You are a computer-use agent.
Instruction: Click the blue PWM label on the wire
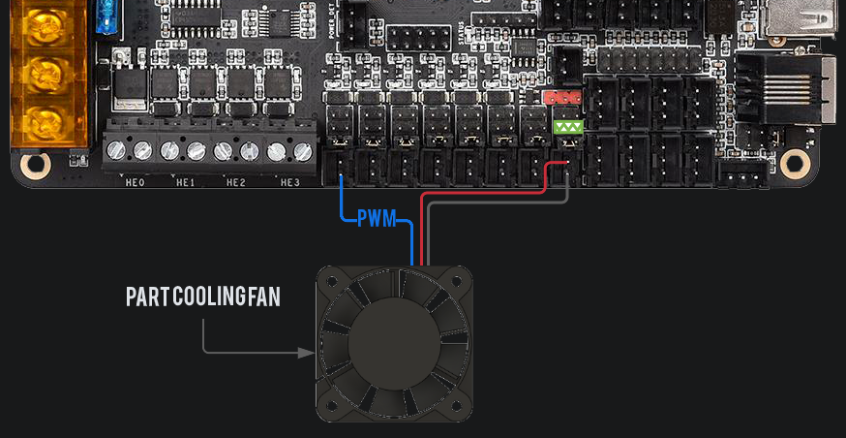tap(377, 218)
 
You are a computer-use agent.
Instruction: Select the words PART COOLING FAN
tap(203, 297)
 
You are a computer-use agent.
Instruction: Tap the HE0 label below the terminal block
tap(135, 182)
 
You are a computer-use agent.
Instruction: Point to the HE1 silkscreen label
tap(185, 182)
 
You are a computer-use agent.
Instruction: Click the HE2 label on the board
tap(236, 182)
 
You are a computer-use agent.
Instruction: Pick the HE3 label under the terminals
tap(289, 182)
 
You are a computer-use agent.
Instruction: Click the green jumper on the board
tap(567, 127)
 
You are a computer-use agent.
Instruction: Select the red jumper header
tap(560, 98)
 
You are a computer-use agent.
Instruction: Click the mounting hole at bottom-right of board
tap(795, 161)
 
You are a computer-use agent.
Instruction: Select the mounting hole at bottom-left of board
tap(35, 164)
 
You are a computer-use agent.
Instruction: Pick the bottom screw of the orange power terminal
tap(43, 120)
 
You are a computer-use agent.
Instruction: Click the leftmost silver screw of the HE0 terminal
tap(116, 150)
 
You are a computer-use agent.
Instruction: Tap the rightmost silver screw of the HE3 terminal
tap(303, 150)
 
